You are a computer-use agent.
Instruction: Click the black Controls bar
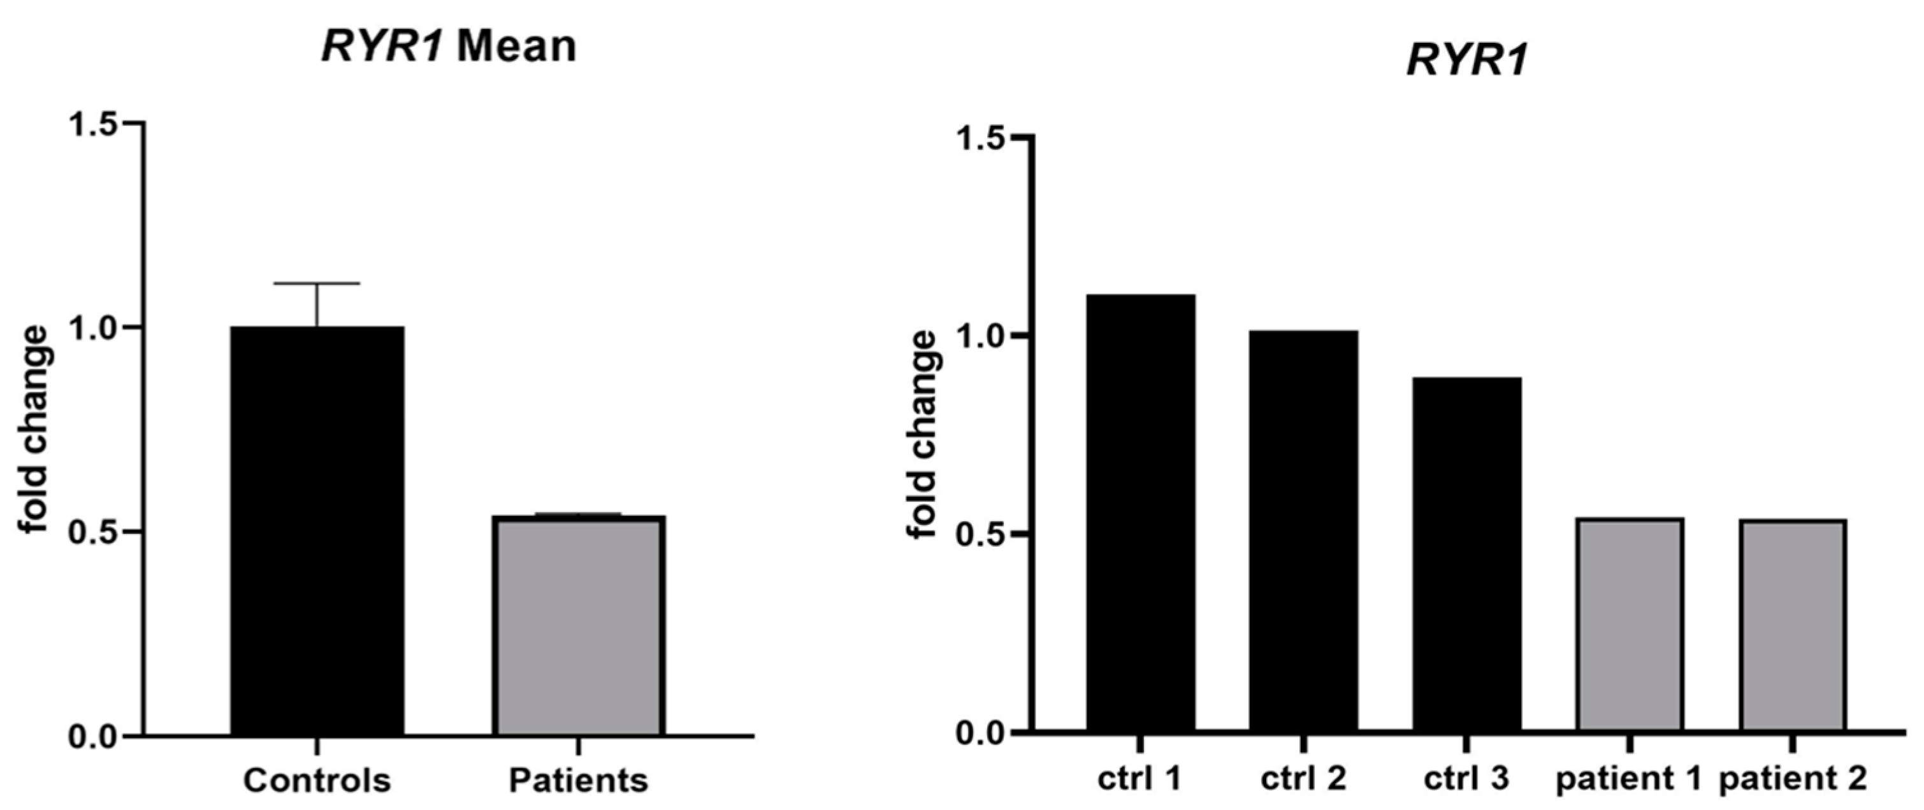point(317,531)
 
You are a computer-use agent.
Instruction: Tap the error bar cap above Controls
point(317,283)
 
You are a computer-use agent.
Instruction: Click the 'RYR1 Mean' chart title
point(449,47)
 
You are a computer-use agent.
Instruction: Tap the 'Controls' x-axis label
point(317,780)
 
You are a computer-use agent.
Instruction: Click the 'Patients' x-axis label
point(578,780)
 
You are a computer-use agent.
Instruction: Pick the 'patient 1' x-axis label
point(1628,779)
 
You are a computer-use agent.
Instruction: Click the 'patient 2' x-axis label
point(1793,779)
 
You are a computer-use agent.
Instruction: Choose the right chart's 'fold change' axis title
point(922,435)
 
